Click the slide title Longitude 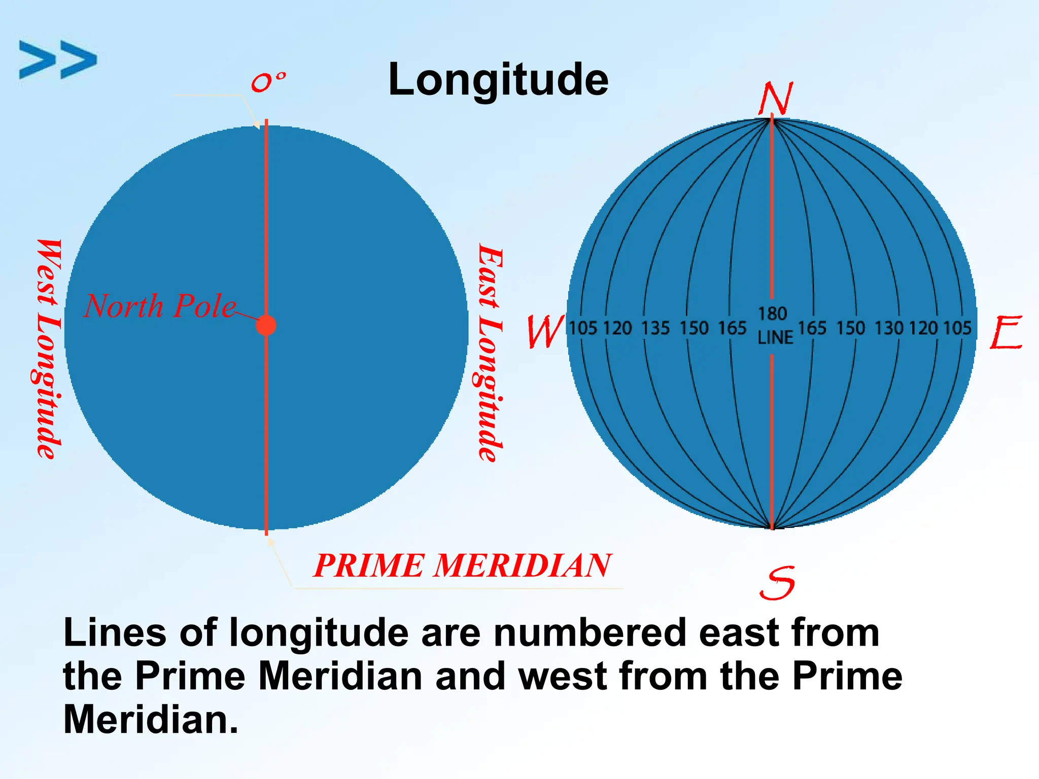point(498,80)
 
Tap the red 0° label point(268,82)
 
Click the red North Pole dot point(266,325)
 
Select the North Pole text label point(160,306)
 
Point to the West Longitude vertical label point(49,349)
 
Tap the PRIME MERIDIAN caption point(463,565)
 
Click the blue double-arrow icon point(57,60)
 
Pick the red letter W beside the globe point(545,332)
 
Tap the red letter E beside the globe point(1006,333)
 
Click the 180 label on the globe point(772,314)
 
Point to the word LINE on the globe point(775,338)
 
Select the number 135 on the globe point(655,329)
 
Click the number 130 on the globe point(889,329)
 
